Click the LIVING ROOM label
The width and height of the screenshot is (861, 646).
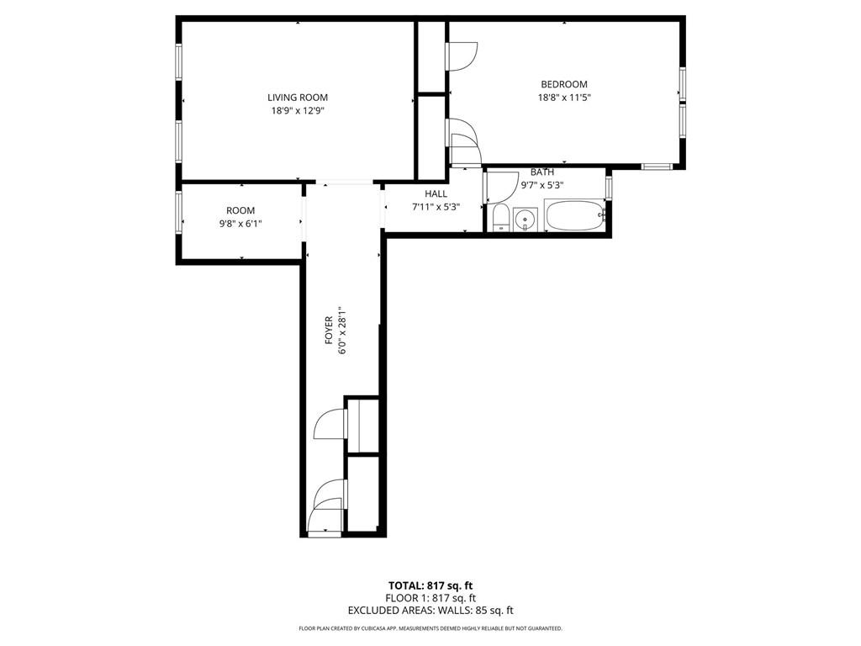298,98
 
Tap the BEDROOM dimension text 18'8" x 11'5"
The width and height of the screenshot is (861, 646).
563,98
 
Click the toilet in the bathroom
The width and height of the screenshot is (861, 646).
500,218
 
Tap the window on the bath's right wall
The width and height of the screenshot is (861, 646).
609,185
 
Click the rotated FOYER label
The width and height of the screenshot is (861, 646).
330,330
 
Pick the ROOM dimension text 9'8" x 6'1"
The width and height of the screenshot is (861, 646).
240,224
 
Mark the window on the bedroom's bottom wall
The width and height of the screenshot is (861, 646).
657,166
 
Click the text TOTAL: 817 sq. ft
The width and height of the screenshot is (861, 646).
430,585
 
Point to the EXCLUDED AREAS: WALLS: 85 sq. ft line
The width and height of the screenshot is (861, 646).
430,611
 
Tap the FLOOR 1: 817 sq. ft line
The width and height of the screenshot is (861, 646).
430,598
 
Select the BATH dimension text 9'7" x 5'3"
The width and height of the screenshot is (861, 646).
541,185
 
